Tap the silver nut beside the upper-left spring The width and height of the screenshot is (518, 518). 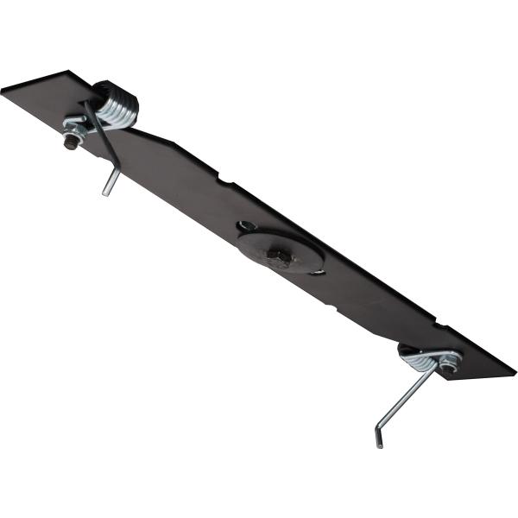pos(76,132)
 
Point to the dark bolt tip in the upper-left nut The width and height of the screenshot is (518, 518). pos(68,144)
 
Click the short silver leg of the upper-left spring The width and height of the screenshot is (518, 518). pos(110,181)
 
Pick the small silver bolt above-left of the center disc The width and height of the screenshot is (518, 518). pos(247,226)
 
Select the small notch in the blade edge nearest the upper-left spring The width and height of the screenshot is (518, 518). pos(223,180)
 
